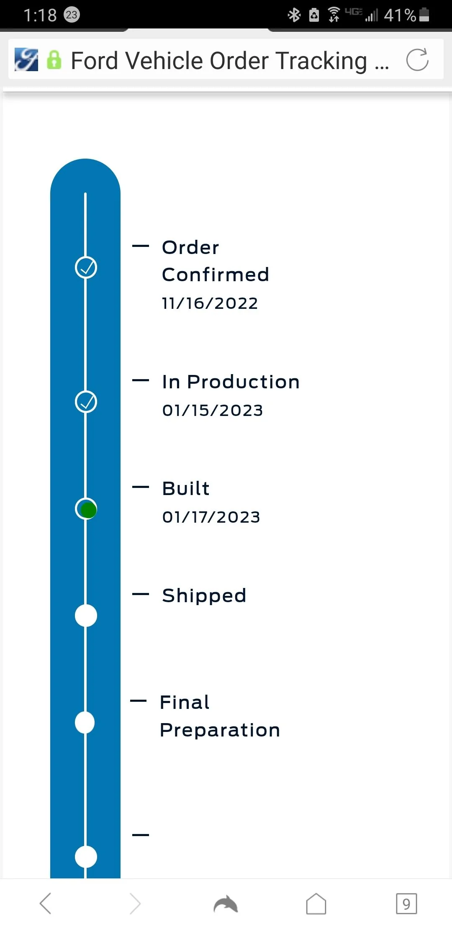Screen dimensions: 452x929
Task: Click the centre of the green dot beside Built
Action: point(88,510)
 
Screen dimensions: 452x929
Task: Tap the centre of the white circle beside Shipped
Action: point(86,616)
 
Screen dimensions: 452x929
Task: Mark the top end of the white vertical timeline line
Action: point(85,193)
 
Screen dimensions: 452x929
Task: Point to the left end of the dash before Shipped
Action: point(133,594)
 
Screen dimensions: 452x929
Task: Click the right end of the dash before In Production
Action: point(149,380)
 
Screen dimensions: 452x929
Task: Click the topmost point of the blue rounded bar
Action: point(85,159)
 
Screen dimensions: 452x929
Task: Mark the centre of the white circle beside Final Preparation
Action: point(85,723)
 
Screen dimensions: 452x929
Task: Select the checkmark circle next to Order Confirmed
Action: point(86,268)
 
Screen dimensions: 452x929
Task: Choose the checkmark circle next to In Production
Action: point(86,402)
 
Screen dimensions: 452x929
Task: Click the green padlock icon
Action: point(54,60)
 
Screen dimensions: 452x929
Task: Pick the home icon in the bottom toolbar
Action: point(316,904)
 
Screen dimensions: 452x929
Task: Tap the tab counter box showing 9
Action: point(406,904)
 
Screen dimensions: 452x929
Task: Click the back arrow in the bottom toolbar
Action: point(46,903)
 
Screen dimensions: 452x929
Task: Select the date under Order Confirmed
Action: point(210,303)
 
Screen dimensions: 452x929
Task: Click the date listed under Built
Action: point(211,517)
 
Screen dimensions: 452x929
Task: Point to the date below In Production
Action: point(213,410)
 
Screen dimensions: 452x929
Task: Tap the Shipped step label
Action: point(204,595)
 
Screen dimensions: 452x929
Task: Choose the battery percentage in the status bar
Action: point(400,15)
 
